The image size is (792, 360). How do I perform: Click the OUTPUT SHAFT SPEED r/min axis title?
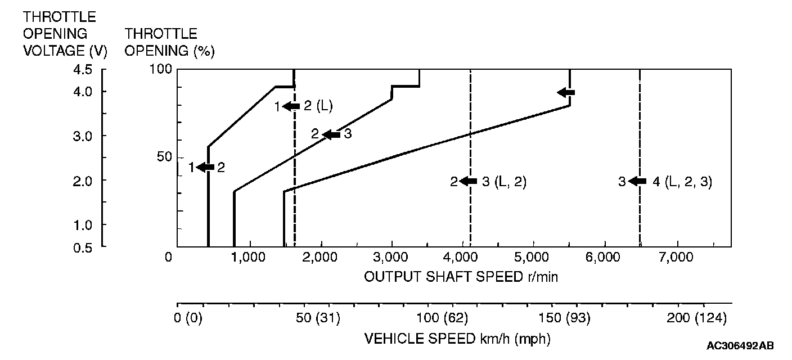(461, 277)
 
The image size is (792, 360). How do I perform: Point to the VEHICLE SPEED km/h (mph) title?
(457, 339)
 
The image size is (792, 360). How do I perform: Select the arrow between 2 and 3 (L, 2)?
(468, 181)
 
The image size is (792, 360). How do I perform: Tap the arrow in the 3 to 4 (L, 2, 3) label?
(637, 181)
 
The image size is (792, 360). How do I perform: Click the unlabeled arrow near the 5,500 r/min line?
(566, 92)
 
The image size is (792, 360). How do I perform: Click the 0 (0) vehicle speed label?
(189, 318)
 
